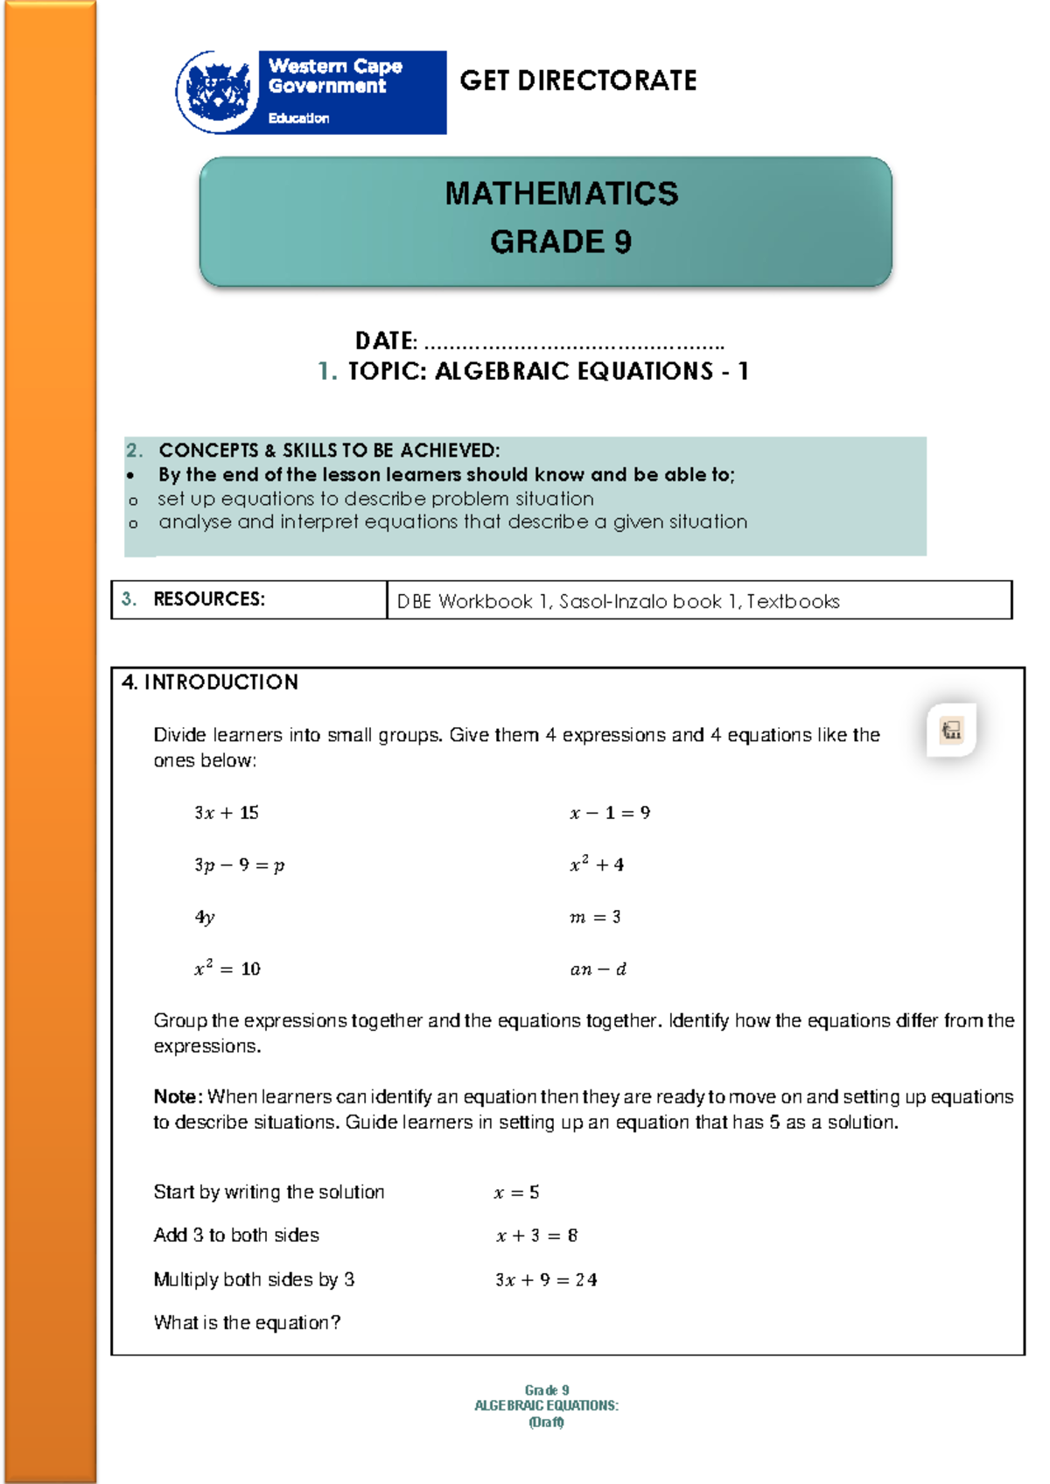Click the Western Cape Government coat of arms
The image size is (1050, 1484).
tap(218, 91)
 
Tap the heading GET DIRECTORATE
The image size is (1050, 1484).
tap(577, 80)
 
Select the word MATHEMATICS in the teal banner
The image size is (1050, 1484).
tap(561, 193)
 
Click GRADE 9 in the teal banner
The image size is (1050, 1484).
tap(561, 241)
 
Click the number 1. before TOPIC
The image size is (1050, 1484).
tap(326, 371)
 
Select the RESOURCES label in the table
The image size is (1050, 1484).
tap(208, 599)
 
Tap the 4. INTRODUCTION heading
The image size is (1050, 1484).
tap(210, 682)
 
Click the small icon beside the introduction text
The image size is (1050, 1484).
tap(951, 730)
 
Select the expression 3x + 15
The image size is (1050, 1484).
tap(227, 813)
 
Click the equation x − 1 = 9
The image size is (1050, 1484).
tap(610, 813)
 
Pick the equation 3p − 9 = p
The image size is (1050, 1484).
tap(239, 865)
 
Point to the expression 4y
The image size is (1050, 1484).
tap(205, 917)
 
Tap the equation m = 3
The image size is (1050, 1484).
tap(595, 917)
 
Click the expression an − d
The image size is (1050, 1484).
tap(598, 969)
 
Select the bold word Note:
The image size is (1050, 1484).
tap(178, 1096)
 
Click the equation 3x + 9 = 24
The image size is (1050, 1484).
tap(546, 1280)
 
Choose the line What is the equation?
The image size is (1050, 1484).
tap(247, 1322)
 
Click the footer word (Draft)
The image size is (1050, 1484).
tap(546, 1422)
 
